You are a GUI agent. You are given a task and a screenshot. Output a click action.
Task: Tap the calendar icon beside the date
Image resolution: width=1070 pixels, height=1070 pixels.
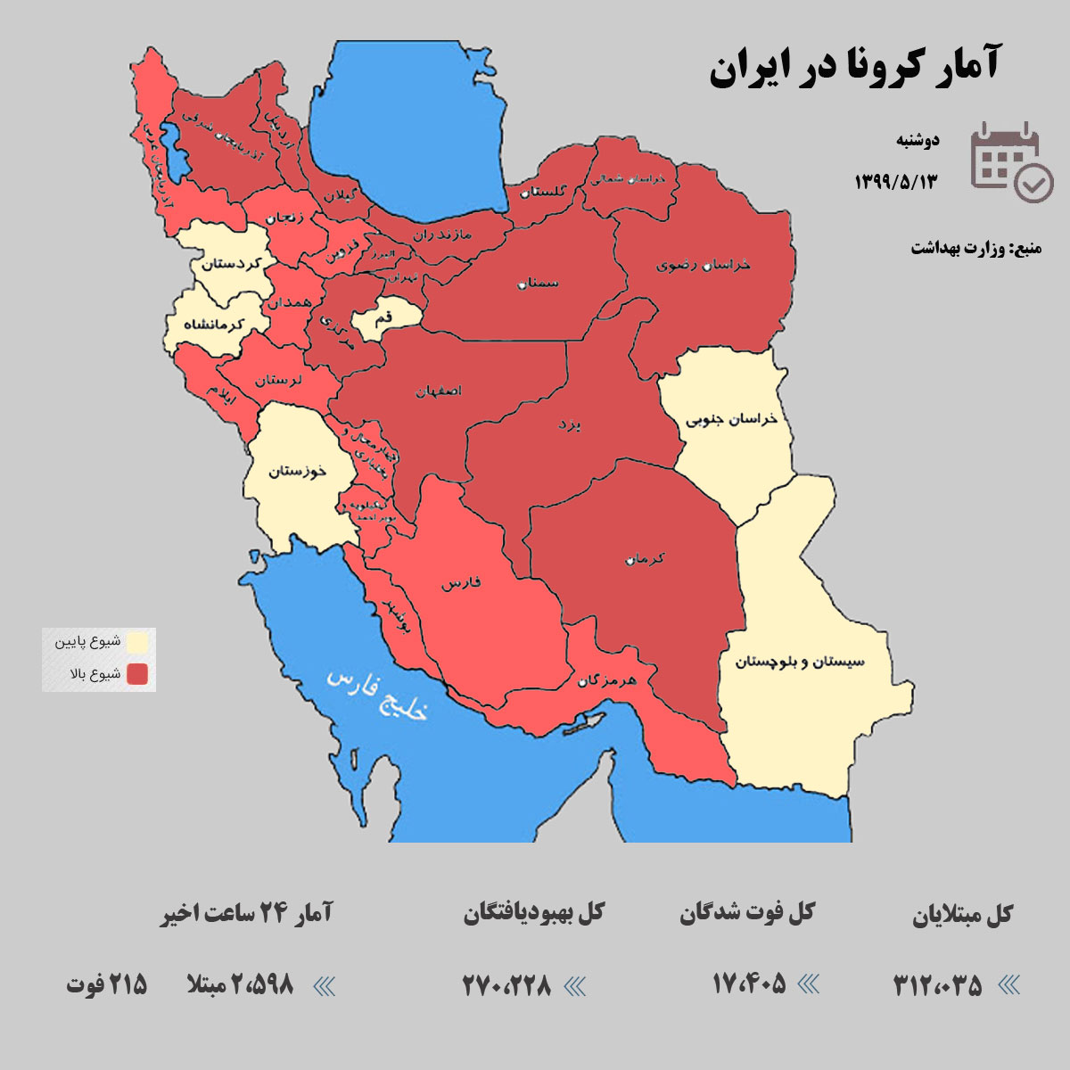tap(1010, 161)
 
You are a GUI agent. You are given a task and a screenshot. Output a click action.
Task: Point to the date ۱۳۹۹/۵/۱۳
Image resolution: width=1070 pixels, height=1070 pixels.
tap(896, 182)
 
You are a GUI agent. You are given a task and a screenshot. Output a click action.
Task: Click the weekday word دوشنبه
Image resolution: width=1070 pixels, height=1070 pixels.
tap(918, 140)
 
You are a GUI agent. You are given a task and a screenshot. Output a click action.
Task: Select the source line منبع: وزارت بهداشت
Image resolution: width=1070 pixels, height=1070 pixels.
tap(975, 248)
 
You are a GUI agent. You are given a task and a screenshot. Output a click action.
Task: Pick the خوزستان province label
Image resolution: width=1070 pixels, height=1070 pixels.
tap(298, 471)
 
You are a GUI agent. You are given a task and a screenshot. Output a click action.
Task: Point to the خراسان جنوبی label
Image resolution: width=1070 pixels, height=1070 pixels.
tap(731, 419)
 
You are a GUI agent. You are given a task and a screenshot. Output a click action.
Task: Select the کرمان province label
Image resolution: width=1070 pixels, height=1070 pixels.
tap(645, 559)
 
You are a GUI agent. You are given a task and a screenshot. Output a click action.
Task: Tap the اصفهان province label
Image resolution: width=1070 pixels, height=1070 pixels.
tap(439, 391)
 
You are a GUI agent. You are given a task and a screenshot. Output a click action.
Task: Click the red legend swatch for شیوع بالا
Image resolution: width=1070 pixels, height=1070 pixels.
tap(137, 674)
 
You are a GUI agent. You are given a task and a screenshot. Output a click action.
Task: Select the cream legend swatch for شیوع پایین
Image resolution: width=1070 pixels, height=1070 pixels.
tap(137, 642)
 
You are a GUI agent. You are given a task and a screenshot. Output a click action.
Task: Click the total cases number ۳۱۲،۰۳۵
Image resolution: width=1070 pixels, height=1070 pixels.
tap(937, 985)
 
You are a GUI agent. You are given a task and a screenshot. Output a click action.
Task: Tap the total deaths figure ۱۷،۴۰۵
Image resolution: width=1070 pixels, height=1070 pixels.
tap(749, 984)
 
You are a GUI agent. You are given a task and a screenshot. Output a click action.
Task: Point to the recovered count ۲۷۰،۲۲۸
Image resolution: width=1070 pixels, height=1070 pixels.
tap(506, 985)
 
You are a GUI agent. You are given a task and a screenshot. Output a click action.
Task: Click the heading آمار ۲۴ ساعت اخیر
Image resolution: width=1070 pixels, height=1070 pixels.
tap(246, 914)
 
